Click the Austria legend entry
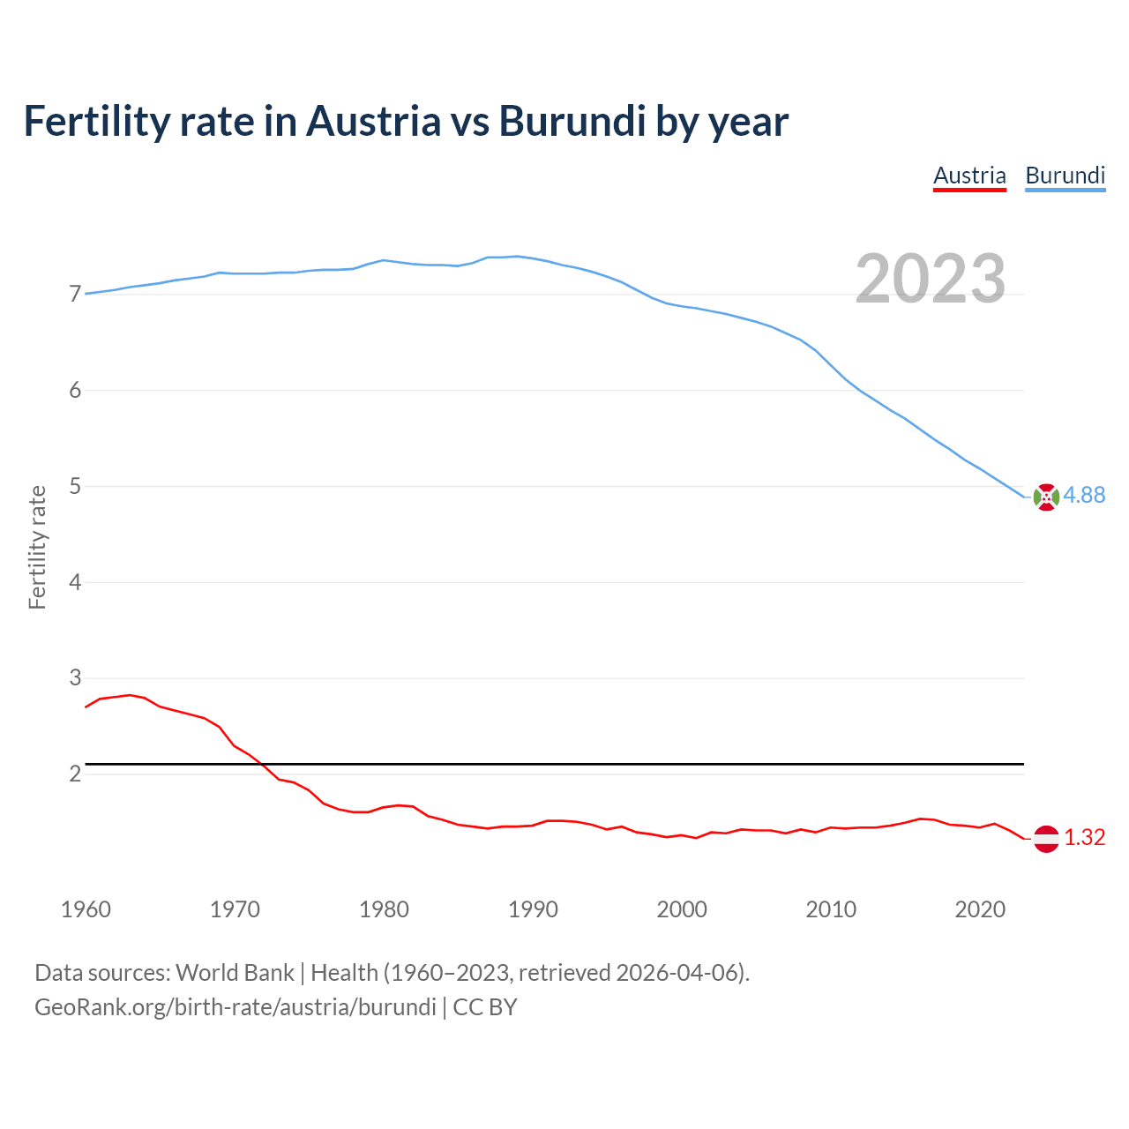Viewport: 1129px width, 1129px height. (969, 176)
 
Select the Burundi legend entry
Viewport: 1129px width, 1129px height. (1065, 176)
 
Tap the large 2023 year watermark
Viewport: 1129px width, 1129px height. (930, 279)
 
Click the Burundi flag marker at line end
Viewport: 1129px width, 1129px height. (1046, 497)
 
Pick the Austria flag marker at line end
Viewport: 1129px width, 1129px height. (1046, 838)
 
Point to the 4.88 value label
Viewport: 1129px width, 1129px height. (1084, 496)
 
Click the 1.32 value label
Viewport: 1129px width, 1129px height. (1084, 838)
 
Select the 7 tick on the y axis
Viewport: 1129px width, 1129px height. (75, 295)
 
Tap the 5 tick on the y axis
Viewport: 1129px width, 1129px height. (75, 487)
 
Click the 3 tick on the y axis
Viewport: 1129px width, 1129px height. (75, 678)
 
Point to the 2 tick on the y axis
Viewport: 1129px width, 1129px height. (75, 774)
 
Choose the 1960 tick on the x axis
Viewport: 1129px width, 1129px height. (86, 909)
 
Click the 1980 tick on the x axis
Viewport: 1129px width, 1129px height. (384, 909)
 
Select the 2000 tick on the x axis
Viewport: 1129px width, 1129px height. (682, 909)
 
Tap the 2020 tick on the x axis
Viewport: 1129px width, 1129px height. (980, 909)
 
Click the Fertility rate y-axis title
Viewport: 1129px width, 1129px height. (37, 547)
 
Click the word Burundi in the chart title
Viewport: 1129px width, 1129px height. (572, 121)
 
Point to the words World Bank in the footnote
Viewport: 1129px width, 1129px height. (235, 973)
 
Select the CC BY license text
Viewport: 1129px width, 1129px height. (484, 1007)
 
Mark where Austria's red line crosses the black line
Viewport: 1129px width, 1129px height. (262, 763)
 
